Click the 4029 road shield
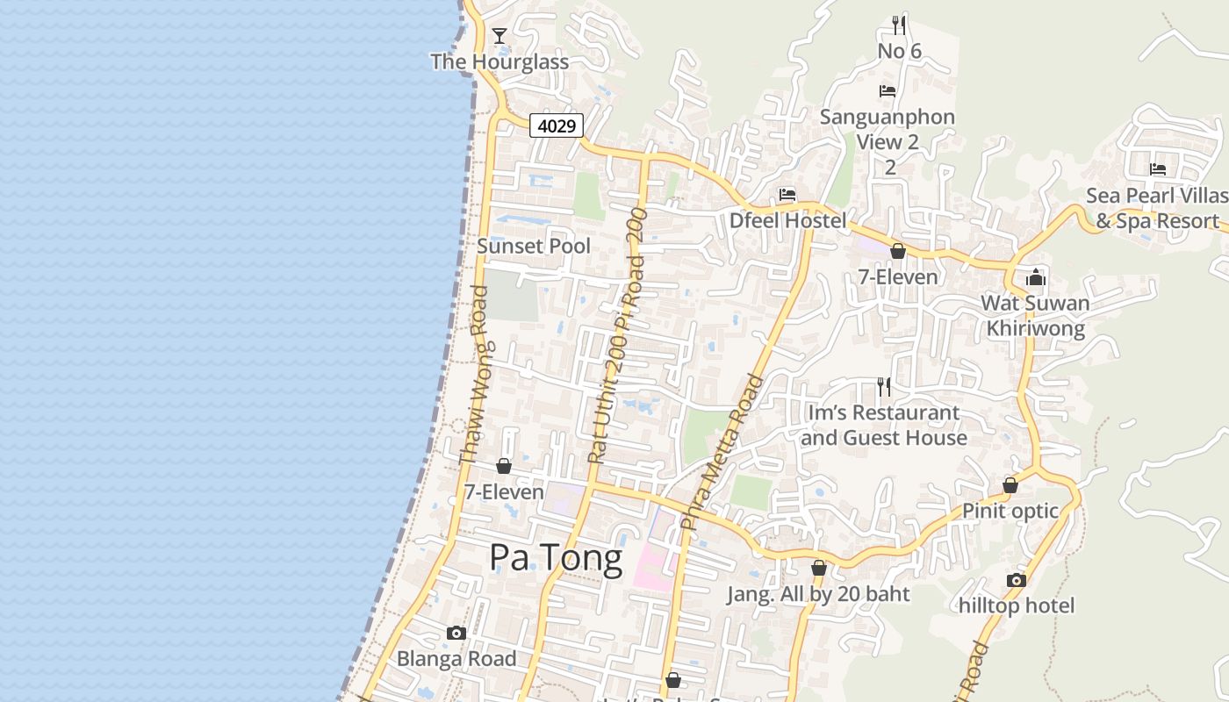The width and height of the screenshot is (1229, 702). [x=557, y=126]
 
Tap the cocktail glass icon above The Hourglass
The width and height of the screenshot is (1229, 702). [x=500, y=36]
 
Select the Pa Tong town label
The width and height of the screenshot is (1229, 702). [x=556, y=557]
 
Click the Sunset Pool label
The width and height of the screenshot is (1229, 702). [x=534, y=246]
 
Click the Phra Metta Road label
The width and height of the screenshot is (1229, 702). [x=722, y=453]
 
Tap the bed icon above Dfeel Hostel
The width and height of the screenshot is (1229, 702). [x=787, y=195]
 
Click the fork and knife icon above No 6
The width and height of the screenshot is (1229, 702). [x=898, y=25]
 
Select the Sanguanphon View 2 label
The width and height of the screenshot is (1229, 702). [x=888, y=129]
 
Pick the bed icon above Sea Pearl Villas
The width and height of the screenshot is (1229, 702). [x=1158, y=169]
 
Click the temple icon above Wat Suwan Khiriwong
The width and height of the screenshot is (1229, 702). [x=1036, y=278]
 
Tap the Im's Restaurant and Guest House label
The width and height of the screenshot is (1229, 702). [x=884, y=425]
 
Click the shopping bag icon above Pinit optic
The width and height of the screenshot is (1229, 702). [x=1010, y=485]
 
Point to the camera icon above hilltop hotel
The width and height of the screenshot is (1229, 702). [x=1017, y=580]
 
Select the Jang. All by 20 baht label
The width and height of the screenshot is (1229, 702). [x=818, y=594]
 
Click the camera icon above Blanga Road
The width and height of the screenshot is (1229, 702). [x=456, y=634]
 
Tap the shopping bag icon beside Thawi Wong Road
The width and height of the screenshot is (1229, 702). [x=504, y=466]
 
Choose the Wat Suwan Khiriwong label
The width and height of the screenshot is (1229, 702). [x=1035, y=316]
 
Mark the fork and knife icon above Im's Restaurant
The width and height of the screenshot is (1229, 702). [x=884, y=386]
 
